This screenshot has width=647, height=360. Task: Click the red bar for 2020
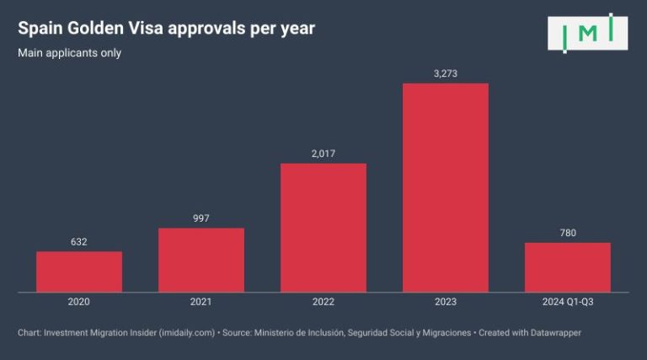[x=79, y=271]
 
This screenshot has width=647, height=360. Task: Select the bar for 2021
[x=201, y=260]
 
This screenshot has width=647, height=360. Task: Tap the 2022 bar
[x=323, y=228]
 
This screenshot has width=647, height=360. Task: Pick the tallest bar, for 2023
[x=446, y=187]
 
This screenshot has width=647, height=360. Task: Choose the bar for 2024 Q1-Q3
[x=568, y=267]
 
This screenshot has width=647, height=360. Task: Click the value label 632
[x=79, y=242]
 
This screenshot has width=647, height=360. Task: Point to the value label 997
[x=201, y=218]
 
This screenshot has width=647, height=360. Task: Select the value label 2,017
[x=323, y=153]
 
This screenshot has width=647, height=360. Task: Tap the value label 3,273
[x=446, y=73]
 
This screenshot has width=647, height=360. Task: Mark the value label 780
[x=568, y=233]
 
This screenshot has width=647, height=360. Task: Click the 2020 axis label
[x=79, y=302]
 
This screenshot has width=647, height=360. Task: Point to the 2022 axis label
[x=323, y=302]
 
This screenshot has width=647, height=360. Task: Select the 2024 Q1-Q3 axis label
[x=568, y=302]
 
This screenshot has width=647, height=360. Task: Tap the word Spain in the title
[x=40, y=29]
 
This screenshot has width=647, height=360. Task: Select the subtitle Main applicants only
[x=69, y=53]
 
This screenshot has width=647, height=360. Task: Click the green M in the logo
[x=588, y=33]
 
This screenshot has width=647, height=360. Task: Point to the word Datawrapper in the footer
[x=555, y=333]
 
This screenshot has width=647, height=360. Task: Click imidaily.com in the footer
[x=186, y=333]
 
